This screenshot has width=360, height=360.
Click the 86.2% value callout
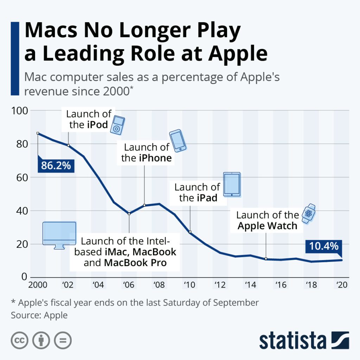coord(56,165)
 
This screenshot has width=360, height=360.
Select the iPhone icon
coord(178,140)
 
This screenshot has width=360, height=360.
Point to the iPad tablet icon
coord(232,184)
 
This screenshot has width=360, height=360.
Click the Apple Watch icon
coord(309,213)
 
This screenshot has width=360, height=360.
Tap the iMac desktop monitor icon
coord(59,235)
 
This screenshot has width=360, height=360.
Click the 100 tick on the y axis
coord(19,111)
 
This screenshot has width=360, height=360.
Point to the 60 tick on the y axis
coord(21,178)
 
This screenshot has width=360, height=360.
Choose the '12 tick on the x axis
coord(220,285)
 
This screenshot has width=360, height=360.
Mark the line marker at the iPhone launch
coord(144,205)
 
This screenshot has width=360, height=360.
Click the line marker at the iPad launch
coord(190,232)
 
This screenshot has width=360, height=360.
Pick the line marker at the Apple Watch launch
coord(266,259)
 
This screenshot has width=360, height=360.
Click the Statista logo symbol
coord(340,340)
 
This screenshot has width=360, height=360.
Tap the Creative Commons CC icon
coord(19,340)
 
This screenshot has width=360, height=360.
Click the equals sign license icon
coord(63,340)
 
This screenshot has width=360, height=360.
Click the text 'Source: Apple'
coord(39,315)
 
